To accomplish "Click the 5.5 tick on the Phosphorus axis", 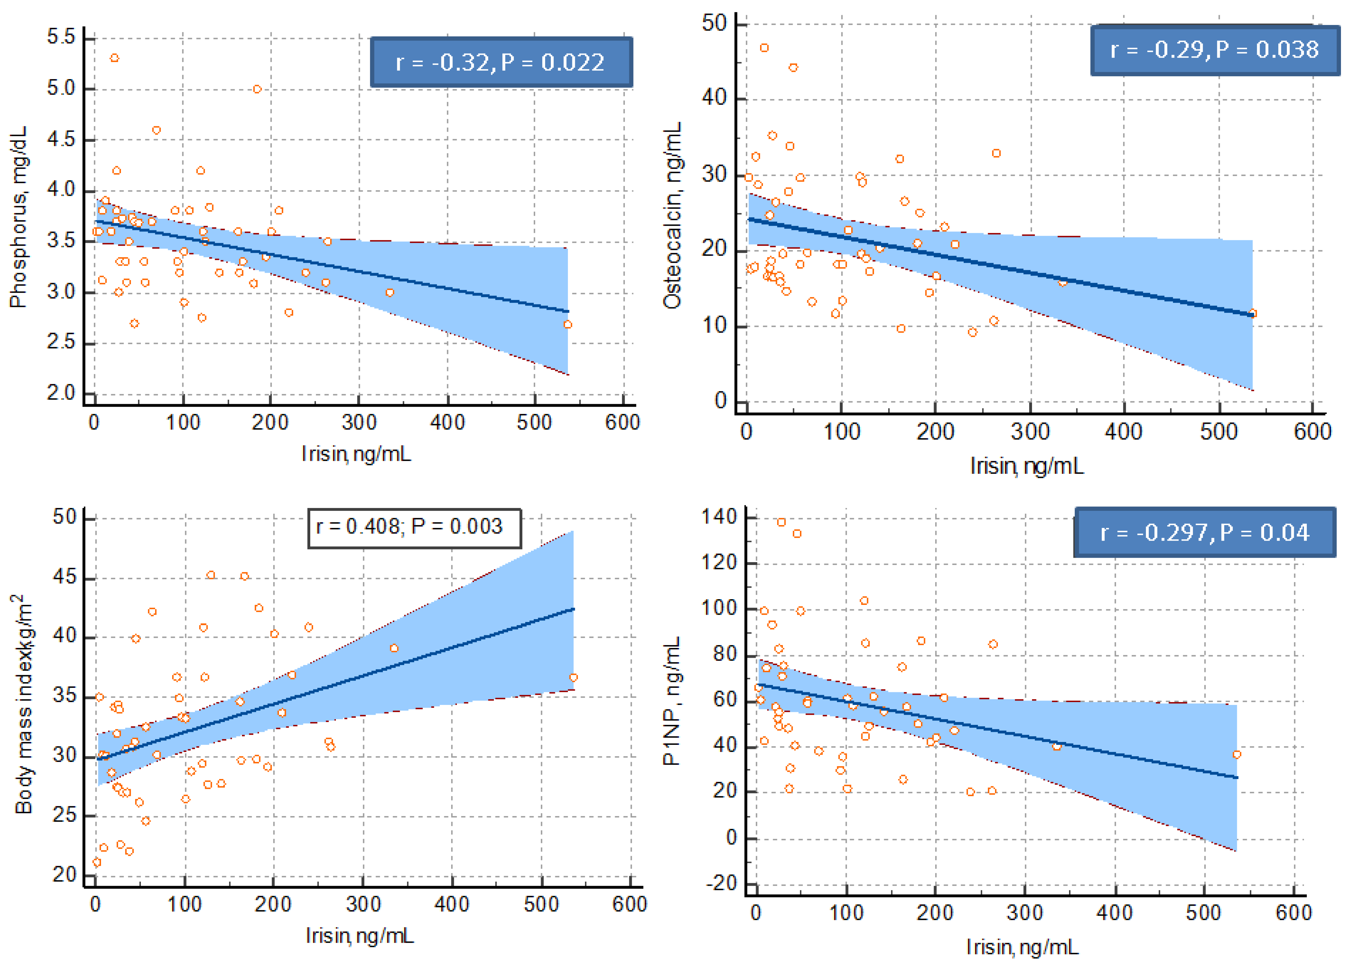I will pos(62,37).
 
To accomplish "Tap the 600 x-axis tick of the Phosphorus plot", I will pos(622,423).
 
